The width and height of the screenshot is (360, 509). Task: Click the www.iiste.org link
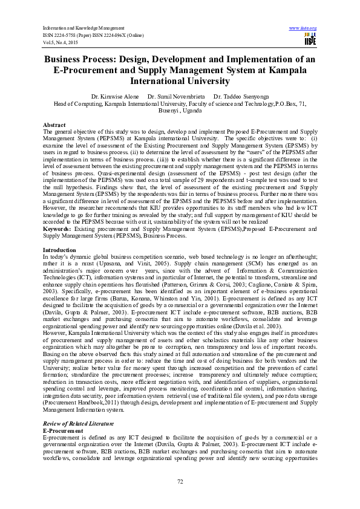tap(303, 28)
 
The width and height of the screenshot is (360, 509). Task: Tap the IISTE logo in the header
tap(310, 39)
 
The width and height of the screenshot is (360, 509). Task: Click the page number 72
tap(180, 481)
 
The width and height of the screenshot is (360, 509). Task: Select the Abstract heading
tap(55, 124)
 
